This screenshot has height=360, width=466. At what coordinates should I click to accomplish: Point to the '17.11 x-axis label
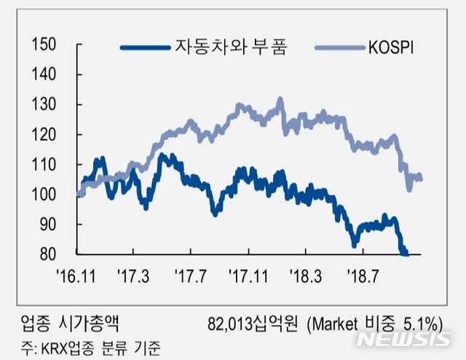pyautogui.click(x=250, y=277)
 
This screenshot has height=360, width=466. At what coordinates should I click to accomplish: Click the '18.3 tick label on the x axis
pyautogui.click(x=307, y=277)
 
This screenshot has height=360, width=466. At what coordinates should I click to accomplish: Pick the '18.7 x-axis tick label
pyautogui.click(x=364, y=277)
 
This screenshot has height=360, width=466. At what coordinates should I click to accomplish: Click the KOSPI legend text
pyautogui.click(x=399, y=48)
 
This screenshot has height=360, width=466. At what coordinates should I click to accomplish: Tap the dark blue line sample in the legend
pyautogui.click(x=146, y=48)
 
